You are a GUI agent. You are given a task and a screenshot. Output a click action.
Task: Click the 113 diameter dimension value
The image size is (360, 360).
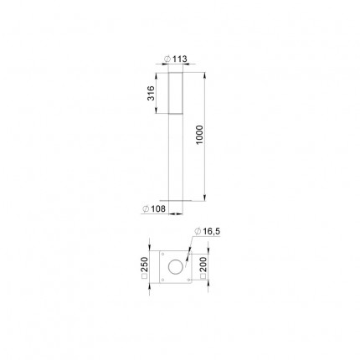coord(180,59)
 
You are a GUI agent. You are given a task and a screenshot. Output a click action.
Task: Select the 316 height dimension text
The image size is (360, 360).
coord(151,93)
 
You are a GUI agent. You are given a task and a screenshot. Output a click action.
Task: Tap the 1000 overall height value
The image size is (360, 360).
coord(200,135)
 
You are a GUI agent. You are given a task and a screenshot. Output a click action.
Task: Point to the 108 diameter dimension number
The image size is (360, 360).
coord(158,208)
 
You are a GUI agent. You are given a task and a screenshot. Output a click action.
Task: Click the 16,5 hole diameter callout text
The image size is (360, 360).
coord(212,231)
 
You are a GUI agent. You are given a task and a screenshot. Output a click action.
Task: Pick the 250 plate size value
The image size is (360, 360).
coord(144,265)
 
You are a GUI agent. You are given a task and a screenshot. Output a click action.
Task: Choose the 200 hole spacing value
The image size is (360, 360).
coord(203,265)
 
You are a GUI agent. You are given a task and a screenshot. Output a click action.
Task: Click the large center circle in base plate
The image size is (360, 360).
coord(176,267)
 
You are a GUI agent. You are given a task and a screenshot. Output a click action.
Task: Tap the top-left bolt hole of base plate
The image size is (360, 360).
coord(162,254)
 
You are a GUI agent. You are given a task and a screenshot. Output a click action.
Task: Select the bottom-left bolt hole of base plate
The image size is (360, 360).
coord(162,280)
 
